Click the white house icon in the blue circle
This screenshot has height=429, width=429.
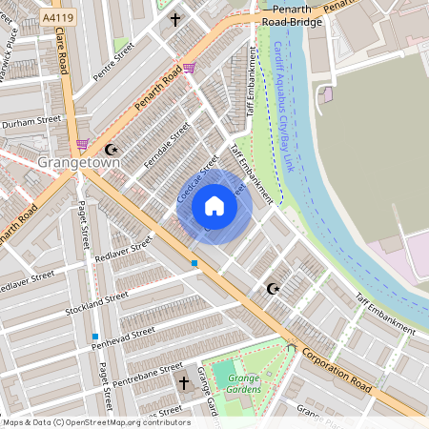(x=214, y=206)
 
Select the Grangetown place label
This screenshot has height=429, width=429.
(x=79, y=163)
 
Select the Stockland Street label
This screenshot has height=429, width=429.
(x=96, y=305)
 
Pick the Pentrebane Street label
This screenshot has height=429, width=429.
(x=144, y=372)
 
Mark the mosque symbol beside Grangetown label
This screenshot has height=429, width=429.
(x=111, y=149)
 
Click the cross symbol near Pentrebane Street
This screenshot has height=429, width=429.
(x=184, y=383)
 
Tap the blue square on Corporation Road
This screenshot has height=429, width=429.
(x=194, y=262)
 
